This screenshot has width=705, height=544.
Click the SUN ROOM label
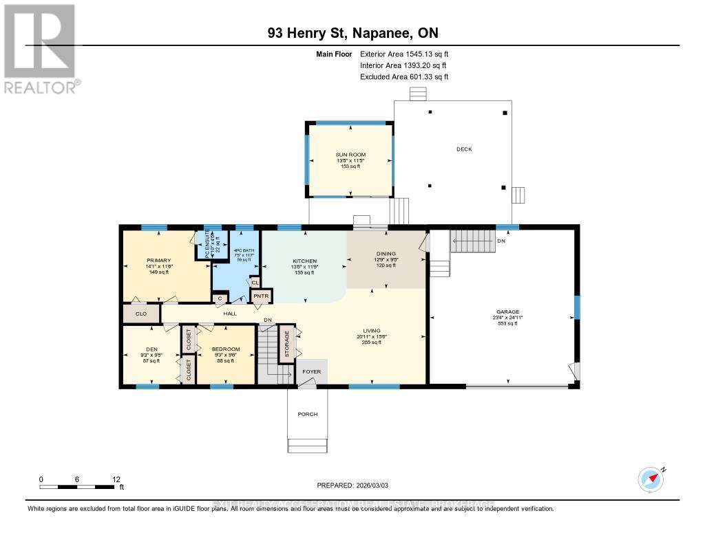350,155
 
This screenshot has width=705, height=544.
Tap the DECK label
463,149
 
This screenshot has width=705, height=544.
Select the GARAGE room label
508,312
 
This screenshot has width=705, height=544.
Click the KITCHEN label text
305,261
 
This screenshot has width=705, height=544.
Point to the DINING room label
386,254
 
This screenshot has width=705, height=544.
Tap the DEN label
151,349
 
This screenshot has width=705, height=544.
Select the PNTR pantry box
261,296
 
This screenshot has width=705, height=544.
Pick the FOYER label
312,372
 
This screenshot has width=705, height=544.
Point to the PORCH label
308,414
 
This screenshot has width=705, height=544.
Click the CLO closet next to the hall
140,314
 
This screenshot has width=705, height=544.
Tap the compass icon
651,479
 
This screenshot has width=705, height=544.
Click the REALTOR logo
40,48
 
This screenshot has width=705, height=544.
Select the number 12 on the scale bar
116,479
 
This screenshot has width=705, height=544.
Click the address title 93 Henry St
352,33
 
